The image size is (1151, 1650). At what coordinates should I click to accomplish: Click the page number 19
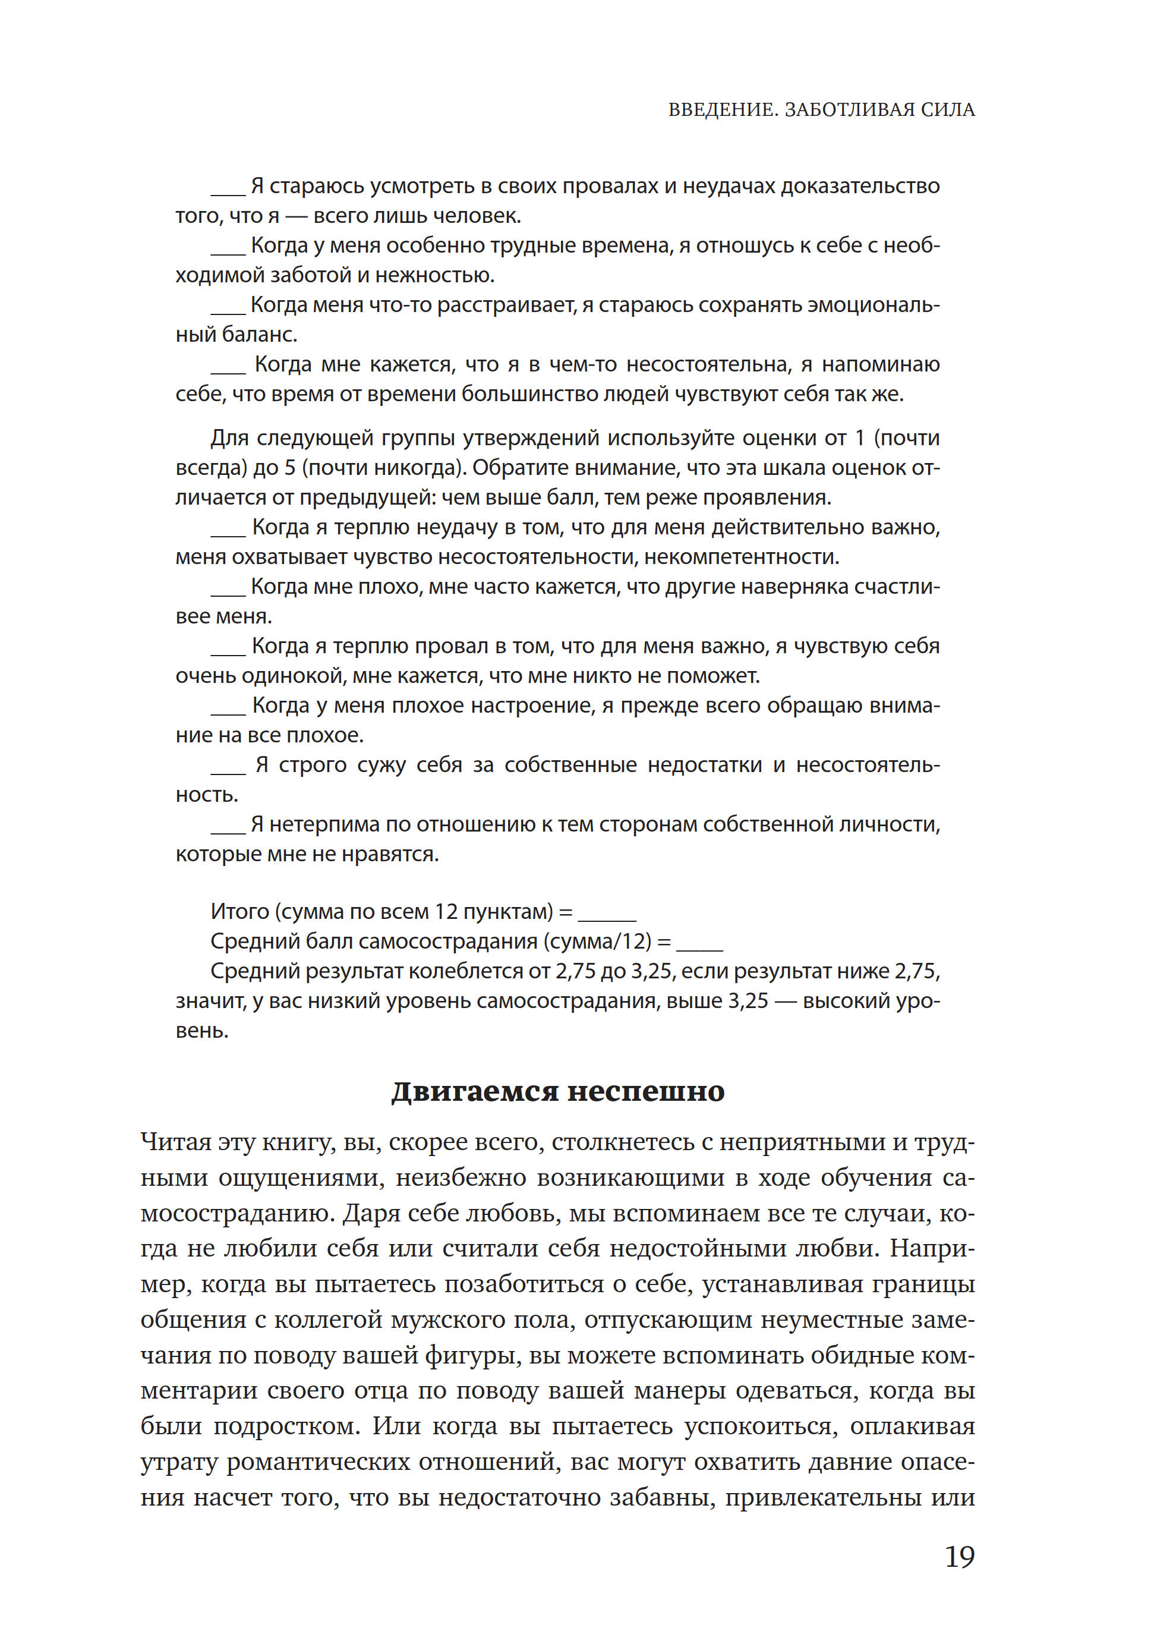[958, 1557]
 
